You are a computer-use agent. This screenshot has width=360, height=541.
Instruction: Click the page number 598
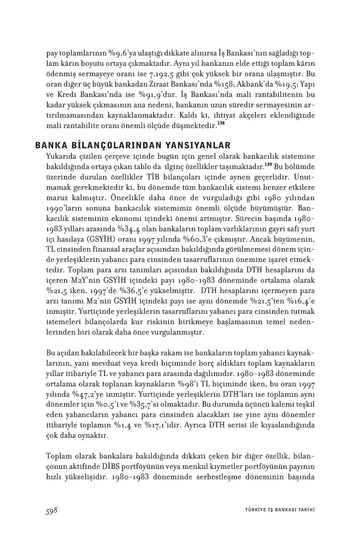click(51, 510)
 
